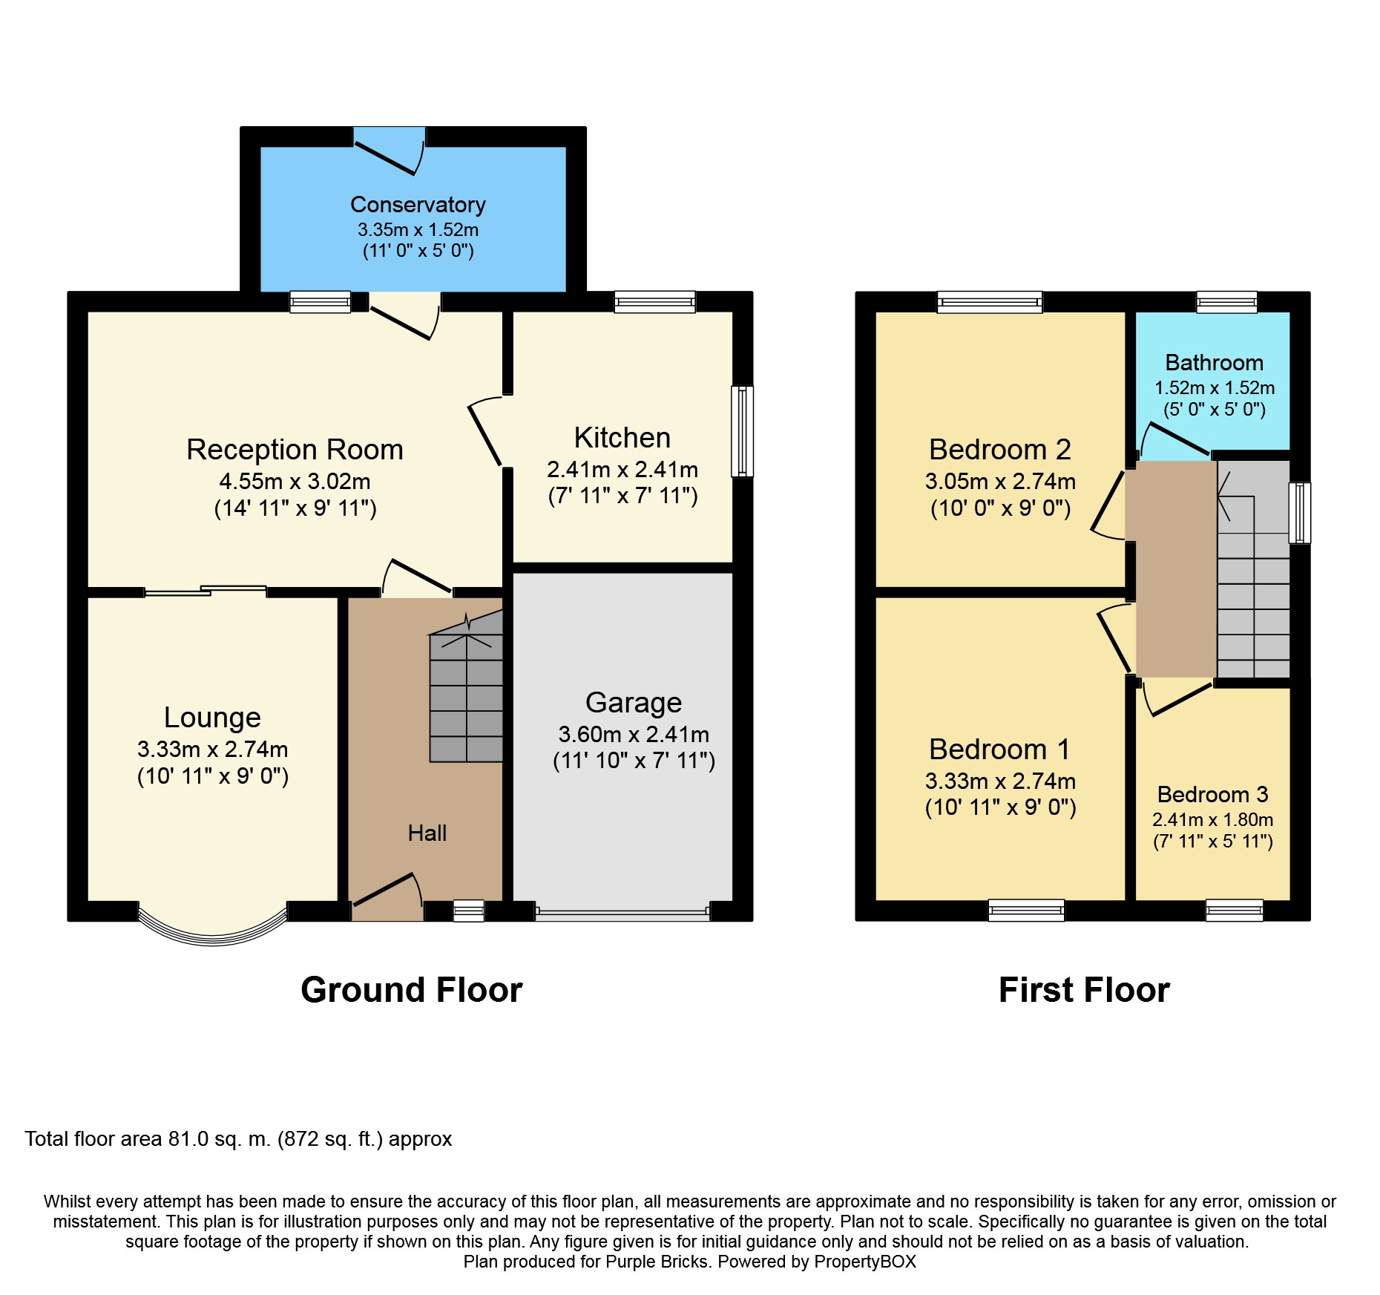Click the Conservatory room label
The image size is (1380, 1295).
tap(418, 204)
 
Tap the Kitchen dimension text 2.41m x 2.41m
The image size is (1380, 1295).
tap(622, 469)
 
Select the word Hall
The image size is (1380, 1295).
tap(427, 833)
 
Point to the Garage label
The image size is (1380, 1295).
tap(634, 702)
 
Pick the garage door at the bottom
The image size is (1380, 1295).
tap(622, 914)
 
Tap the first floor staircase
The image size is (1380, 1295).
tap(1253, 569)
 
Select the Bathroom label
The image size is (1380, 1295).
tap(1215, 362)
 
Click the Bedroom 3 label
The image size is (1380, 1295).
tap(1213, 794)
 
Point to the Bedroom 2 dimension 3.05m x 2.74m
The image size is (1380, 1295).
tap(1000, 481)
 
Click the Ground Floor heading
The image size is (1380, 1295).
tap(412, 990)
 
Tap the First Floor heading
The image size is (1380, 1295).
tap(1084, 990)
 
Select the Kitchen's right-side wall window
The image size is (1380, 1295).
tap(743, 430)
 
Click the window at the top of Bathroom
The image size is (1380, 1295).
tap(1227, 301)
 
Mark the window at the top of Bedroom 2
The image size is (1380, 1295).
tap(990, 301)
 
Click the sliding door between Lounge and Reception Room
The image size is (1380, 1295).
tap(206, 591)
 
